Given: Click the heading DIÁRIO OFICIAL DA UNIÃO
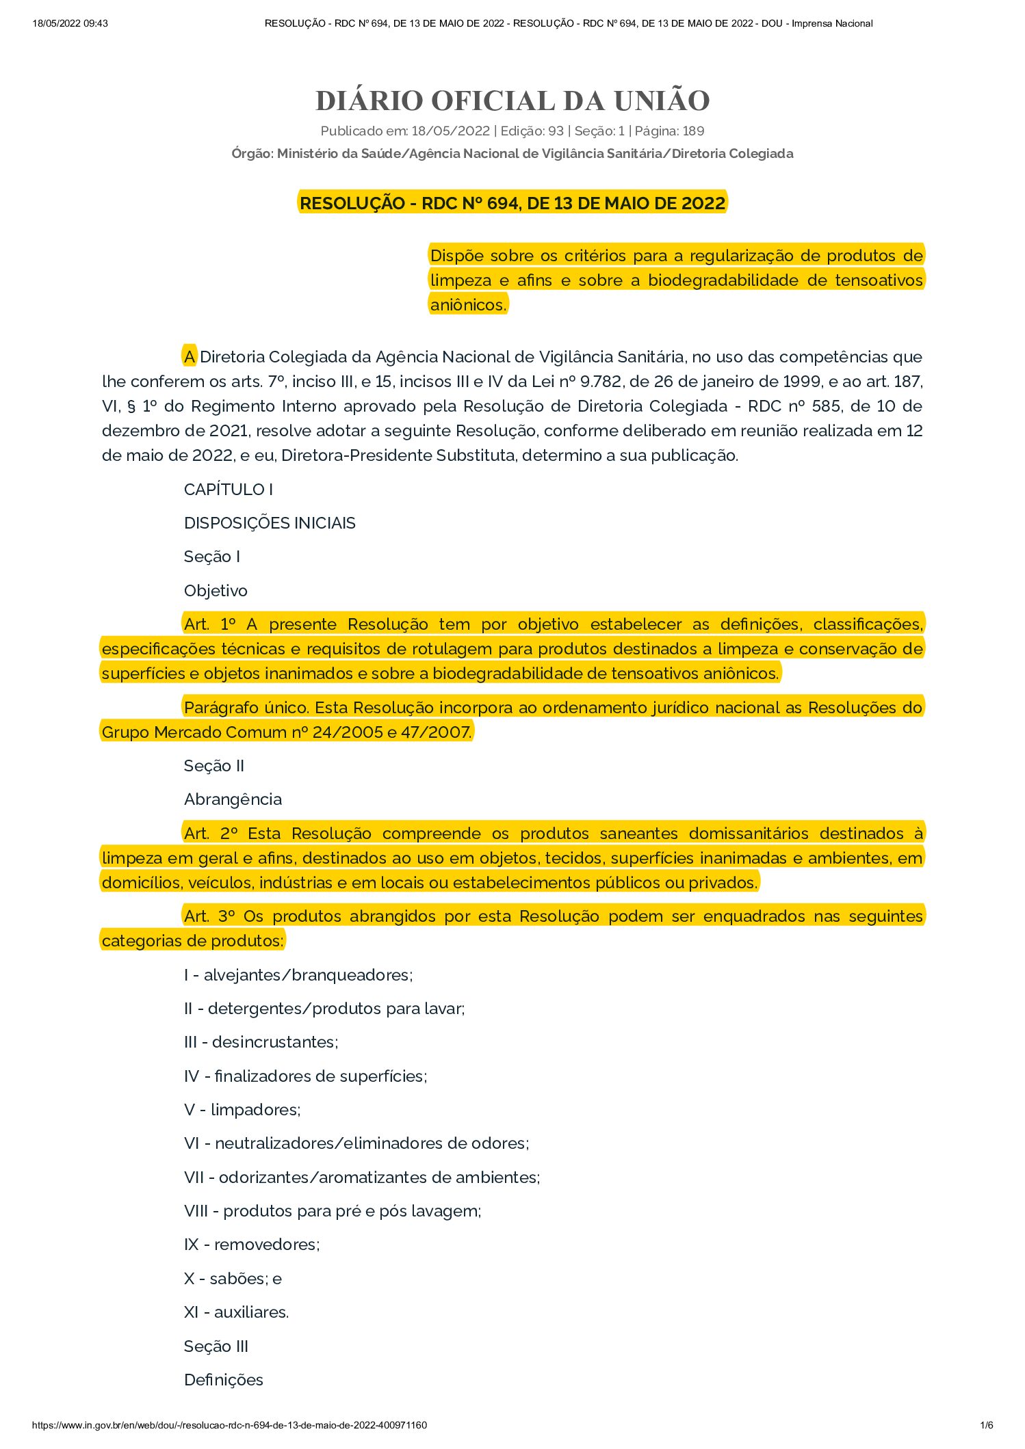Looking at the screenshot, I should point(512,101).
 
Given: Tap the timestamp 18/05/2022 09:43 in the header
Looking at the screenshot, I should point(70,23).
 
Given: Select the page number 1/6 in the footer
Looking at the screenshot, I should point(987,1425).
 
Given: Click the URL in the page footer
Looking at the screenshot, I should point(230,1425).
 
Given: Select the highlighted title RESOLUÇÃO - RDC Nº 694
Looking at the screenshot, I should point(512,203).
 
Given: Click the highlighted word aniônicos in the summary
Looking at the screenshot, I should point(468,305).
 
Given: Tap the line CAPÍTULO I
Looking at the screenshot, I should point(228,490).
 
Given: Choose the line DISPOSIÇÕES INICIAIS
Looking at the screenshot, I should point(270,523).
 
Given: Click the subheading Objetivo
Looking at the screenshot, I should point(216,591).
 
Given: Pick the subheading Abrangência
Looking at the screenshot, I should point(233,799).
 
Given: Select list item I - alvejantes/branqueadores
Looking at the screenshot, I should point(298,975).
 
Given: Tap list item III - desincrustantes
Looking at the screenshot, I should point(261,1042).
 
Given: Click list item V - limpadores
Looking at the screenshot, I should point(242,1110).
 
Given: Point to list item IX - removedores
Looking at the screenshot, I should point(252,1245).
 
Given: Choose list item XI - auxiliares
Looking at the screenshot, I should point(236,1312).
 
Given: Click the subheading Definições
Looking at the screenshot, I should point(224,1380).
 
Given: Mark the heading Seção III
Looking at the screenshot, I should point(216,1346).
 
